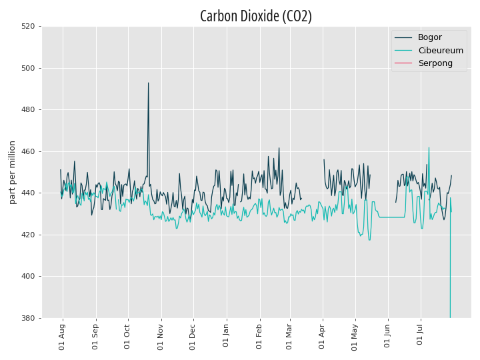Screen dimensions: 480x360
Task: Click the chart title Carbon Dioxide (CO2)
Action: coord(256,16)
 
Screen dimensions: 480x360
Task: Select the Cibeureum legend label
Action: coord(441,51)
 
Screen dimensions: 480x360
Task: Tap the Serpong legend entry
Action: coord(435,63)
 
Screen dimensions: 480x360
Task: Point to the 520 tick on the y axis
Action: coord(28,26)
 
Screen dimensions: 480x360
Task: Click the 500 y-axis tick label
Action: coord(28,68)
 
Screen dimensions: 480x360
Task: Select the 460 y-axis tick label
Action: coord(28,151)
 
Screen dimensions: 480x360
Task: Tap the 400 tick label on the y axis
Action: coord(28,276)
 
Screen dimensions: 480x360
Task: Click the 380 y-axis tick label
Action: coord(28,318)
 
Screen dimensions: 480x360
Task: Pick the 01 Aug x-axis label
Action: coord(62,337)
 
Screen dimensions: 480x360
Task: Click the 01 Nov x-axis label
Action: coord(161,337)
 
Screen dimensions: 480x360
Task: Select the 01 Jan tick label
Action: coord(226,335)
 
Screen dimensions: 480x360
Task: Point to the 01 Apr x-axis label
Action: coord(321,336)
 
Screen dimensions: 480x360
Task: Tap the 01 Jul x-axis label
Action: coord(420,335)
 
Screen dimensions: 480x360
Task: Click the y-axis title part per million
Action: coord(12,173)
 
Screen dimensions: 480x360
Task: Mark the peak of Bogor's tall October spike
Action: coord(149,83)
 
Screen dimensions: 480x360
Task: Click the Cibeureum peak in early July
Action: coord(429,147)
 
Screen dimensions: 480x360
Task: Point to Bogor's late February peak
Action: coord(279,148)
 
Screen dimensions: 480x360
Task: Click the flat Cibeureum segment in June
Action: coord(392,217)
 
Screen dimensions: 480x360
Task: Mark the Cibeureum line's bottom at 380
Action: coord(450,317)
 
